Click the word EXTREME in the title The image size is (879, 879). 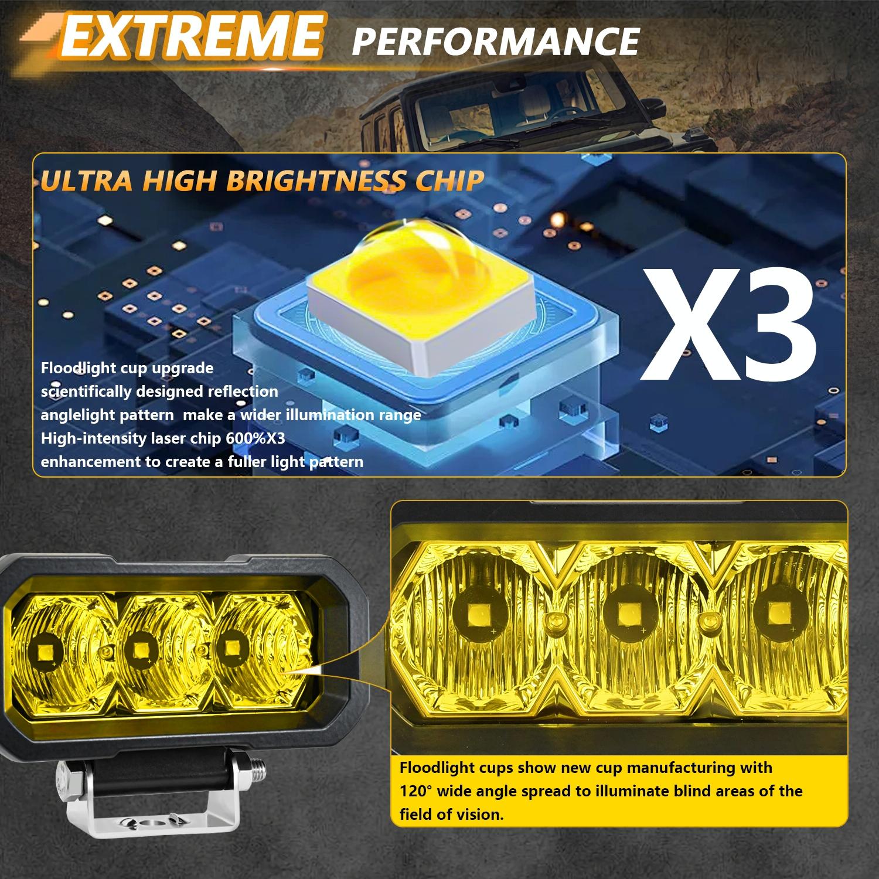point(190,36)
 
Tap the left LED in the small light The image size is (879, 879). point(45,652)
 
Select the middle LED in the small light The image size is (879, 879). point(139,649)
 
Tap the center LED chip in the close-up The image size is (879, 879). point(622,615)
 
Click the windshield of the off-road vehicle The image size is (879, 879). point(498,117)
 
